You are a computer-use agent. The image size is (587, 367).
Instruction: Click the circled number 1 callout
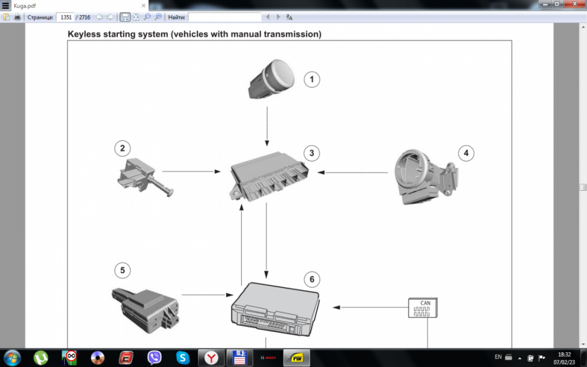point(312,79)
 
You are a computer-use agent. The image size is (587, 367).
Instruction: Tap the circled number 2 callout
point(122,148)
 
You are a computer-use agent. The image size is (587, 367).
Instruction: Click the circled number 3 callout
point(312,153)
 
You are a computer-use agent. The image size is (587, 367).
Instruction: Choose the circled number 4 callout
point(465,153)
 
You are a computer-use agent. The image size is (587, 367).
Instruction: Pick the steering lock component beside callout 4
point(424,176)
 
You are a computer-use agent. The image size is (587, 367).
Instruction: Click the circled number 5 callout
point(122,270)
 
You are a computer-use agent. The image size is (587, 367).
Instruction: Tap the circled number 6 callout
point(312,279)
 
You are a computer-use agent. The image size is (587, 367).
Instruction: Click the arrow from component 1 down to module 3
point(267,127)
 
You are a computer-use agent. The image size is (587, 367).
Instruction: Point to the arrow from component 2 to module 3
point(191,172)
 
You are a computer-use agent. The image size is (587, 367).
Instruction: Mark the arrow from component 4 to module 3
point(352,173)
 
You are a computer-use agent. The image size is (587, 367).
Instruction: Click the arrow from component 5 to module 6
point(206,294)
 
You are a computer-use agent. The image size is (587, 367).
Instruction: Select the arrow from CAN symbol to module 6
point(370,307)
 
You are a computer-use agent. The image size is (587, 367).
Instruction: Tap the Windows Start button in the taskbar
point(12,357)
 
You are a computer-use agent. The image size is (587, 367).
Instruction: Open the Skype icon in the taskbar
point(183,357)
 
